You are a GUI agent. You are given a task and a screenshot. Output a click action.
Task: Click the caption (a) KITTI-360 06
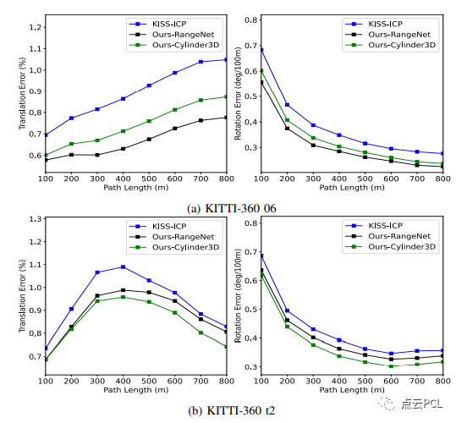[231, 208]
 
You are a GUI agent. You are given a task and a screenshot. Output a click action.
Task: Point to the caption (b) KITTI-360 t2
[231, 410]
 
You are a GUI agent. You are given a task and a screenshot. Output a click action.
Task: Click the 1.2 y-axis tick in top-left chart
[36, 27]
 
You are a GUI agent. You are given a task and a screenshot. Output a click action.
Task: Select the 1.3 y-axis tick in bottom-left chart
[36, 218]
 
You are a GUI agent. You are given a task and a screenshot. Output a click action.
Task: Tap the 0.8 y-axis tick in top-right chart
[251, 19]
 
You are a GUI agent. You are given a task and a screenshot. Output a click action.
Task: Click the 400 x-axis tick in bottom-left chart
[123, 381]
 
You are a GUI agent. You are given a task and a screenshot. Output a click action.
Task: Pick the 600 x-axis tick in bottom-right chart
[391, 381]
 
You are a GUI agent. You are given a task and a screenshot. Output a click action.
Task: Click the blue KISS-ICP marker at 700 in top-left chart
[201, 62]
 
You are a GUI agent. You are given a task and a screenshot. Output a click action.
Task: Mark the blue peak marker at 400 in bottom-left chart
[123, 266]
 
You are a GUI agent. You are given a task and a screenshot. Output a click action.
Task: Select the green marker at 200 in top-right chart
[287, 120]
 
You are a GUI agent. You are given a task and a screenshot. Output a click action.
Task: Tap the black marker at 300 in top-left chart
[97, 155]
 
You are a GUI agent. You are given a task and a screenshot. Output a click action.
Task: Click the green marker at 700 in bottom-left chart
[201, 332]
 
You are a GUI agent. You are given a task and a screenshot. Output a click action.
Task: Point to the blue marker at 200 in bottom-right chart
[287, 310]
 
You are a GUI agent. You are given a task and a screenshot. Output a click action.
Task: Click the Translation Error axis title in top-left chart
[22, 93]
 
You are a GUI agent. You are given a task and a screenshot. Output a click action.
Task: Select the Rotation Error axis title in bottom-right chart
[238, 295]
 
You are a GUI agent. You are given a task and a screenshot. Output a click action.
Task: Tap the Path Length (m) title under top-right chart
[352, 188]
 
